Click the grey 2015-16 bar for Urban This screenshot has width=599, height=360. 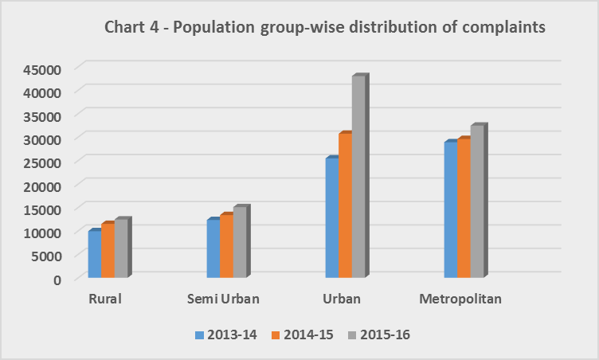click(358, 177)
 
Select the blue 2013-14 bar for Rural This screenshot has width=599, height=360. click(94, 255)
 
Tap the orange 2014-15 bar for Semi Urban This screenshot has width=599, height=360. click(226, 246)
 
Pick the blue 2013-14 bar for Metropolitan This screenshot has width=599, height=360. click(450, 210)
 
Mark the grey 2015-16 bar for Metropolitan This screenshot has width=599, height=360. click(476, 202)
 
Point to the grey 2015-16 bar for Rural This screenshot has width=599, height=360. click(120, 248)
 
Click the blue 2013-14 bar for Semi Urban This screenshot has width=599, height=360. click(213, 248)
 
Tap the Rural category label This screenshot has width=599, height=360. click(106, 299)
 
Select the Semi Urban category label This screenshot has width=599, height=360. click(224, 299)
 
